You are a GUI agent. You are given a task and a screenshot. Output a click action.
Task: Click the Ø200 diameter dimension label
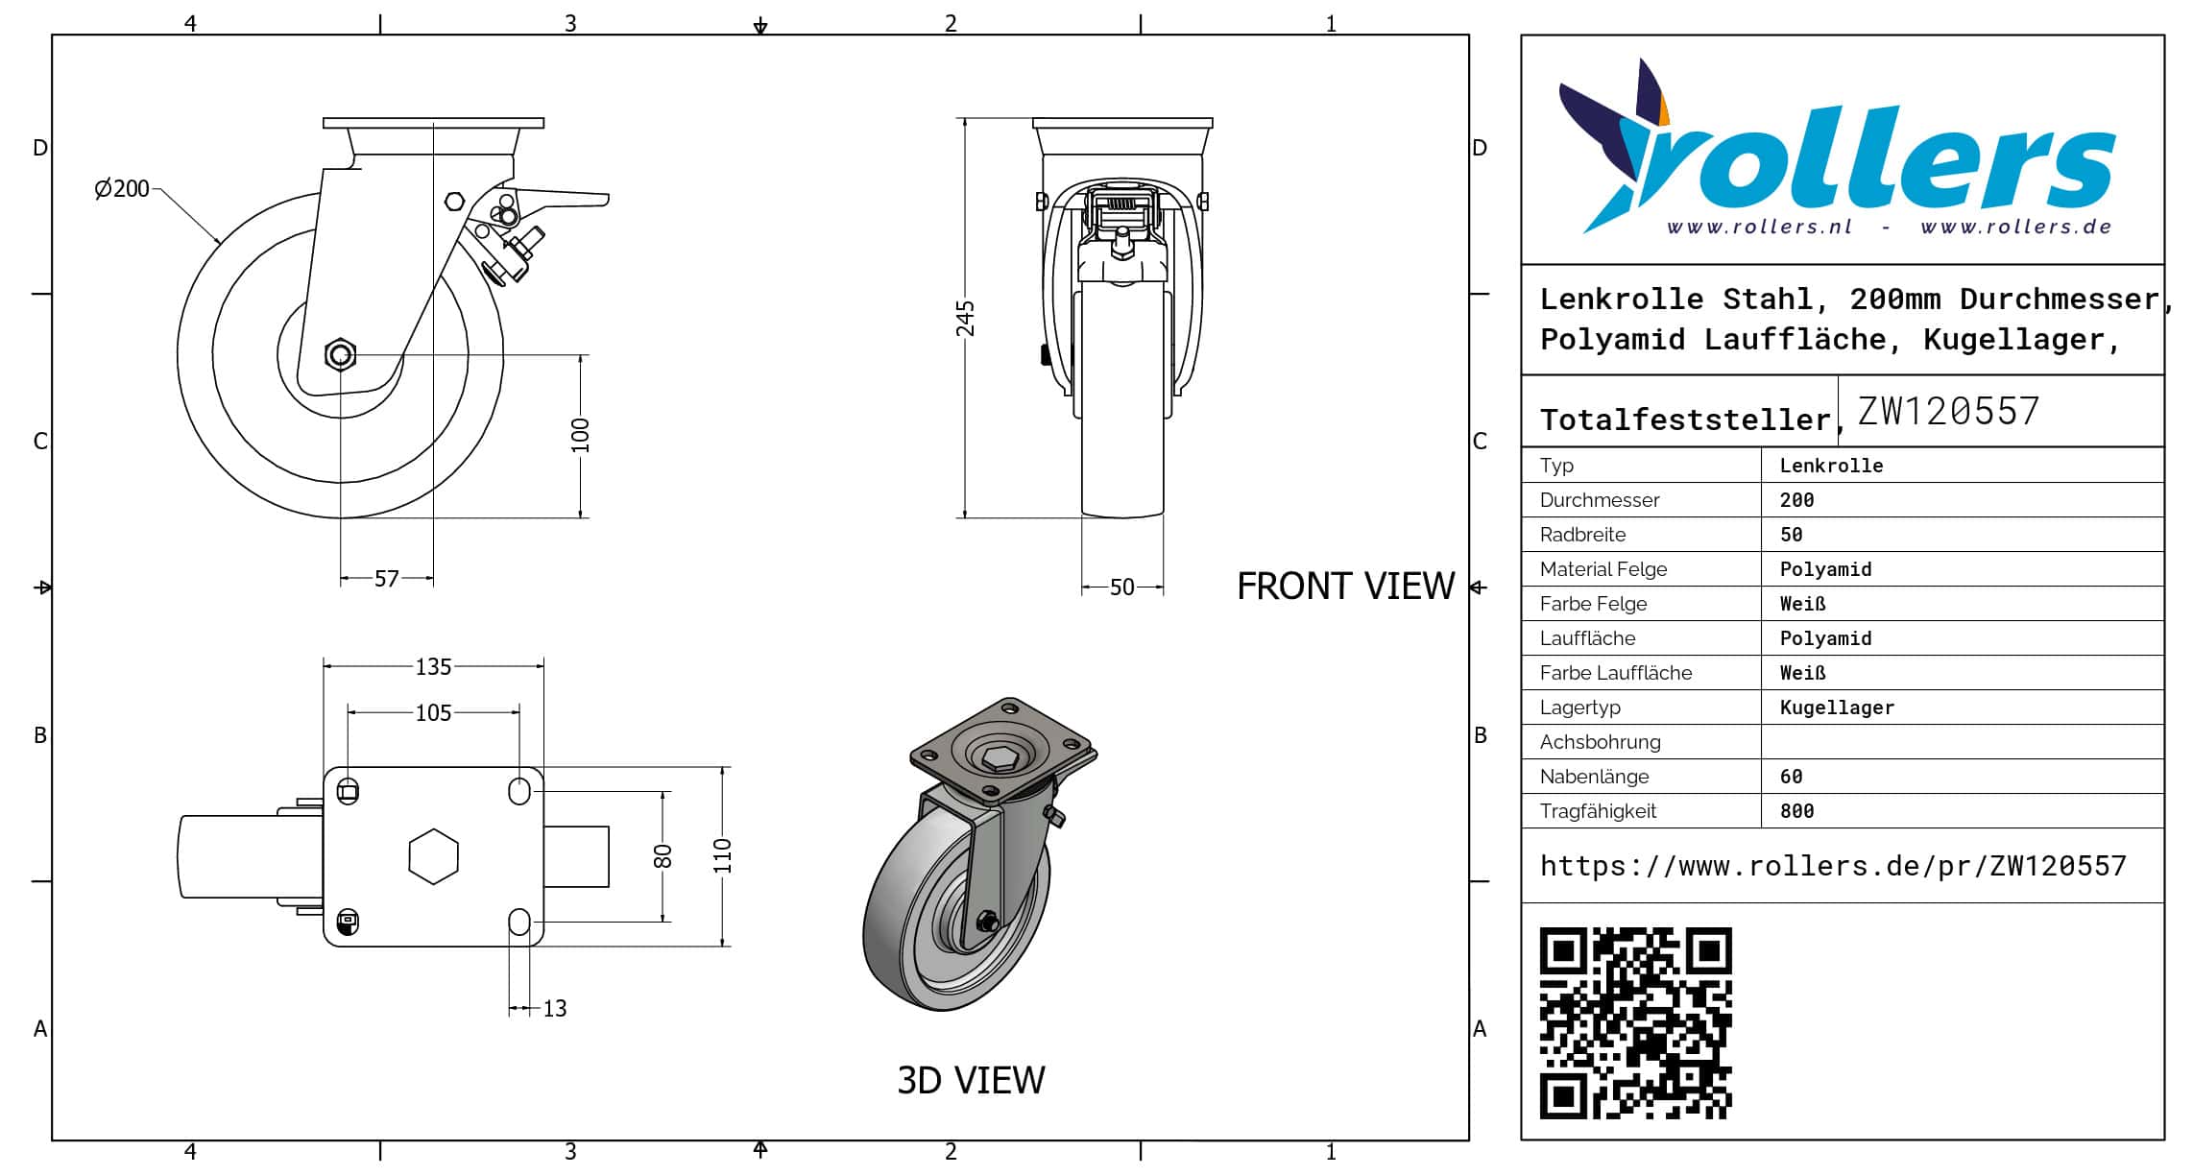[122, 188]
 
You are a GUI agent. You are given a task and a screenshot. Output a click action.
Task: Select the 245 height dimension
[965, 319]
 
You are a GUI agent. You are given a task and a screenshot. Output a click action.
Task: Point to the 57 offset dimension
[386, 579]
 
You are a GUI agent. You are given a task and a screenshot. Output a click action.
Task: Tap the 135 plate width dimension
[433, 666]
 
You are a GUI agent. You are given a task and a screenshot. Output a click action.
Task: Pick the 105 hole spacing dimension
[433, 712]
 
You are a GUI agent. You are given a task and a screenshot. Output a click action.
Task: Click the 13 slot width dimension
[555, 1008]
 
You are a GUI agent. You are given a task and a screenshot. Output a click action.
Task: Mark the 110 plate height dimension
[723, 855]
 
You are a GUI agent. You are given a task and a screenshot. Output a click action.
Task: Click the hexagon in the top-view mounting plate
[433, 856]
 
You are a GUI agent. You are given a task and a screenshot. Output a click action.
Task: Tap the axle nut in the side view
[340, 355]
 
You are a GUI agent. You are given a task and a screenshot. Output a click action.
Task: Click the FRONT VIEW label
[1345, 586]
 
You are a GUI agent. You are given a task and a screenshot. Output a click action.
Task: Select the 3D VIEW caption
[971, 1080]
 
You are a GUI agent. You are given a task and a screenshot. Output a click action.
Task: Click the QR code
[1636, 1023]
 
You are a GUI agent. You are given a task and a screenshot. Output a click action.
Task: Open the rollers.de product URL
[1833, 866]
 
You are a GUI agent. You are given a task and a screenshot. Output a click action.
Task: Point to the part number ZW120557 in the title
[1948, 411]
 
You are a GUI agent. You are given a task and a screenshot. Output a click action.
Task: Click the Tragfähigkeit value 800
[1796, 811]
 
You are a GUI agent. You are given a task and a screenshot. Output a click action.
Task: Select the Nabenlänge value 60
[1791, 777]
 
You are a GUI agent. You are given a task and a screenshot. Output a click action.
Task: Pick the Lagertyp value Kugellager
[1837, 707]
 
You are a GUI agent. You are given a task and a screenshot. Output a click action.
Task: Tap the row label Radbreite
[1582, 535]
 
